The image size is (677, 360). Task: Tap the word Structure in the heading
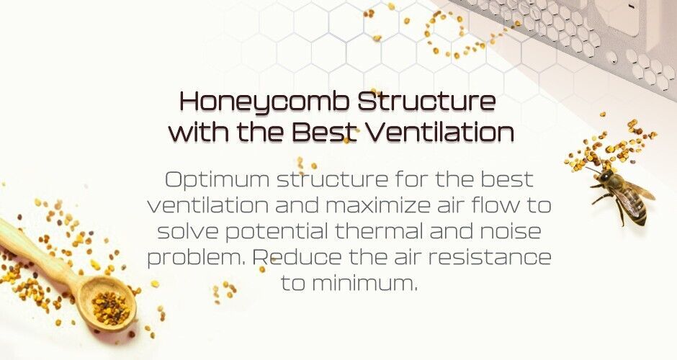(x=427, y=102)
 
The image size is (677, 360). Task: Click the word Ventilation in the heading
(x=440, y=132)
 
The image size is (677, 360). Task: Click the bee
(x=622, y=194)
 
